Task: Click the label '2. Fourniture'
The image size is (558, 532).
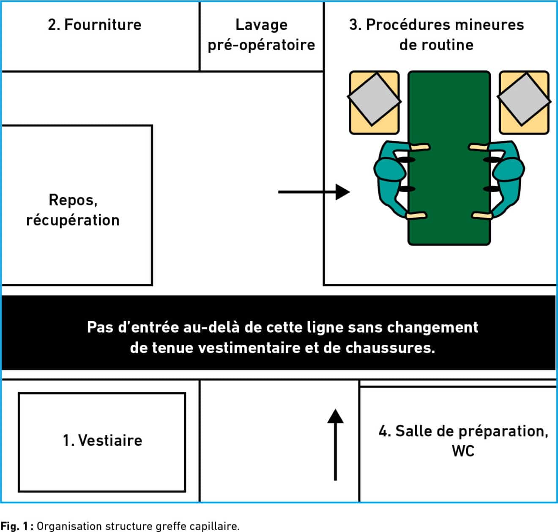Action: coord(95,25)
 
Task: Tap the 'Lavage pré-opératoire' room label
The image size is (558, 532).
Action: coord(261,35)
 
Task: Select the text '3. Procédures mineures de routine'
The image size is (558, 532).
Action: coord(437,35)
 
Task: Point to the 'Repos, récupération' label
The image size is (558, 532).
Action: coord(73,210)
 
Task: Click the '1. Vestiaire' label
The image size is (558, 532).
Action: coord(102,441)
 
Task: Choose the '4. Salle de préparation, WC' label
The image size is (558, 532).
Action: coord(463,441)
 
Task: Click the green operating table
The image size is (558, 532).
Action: coord(449,158)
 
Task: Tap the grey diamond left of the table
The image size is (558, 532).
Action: coord(374,99)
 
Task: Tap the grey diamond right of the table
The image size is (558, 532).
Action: coord(524,99)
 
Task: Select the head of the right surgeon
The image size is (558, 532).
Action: coord(509,170)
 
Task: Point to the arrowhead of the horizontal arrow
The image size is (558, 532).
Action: coord(342,192)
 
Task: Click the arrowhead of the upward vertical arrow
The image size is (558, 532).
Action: coord(335,416)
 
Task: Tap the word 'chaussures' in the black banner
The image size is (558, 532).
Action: coord(390,348)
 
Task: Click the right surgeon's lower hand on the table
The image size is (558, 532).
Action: coord(481,216)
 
